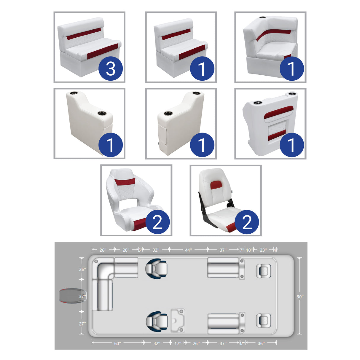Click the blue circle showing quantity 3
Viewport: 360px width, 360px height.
(x=111, y=69)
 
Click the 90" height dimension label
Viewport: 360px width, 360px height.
(x=300, y=297)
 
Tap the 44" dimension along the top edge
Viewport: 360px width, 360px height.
(x=188, y=250)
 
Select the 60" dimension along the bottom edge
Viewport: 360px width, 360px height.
(x=117, y=343)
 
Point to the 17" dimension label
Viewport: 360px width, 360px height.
(x=178, y=343)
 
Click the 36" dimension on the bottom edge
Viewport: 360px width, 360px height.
(x=261, y=343)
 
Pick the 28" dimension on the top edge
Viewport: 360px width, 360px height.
(x=126, y=250)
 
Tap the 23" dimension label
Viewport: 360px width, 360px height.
(x=263, y=250)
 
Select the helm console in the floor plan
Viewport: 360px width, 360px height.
(x=178, y=321)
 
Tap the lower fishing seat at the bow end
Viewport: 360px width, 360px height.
(x=263, y=321)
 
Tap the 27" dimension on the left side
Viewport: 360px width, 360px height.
(x=82, y=324)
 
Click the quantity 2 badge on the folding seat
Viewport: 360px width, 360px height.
(x=247, y=222)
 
